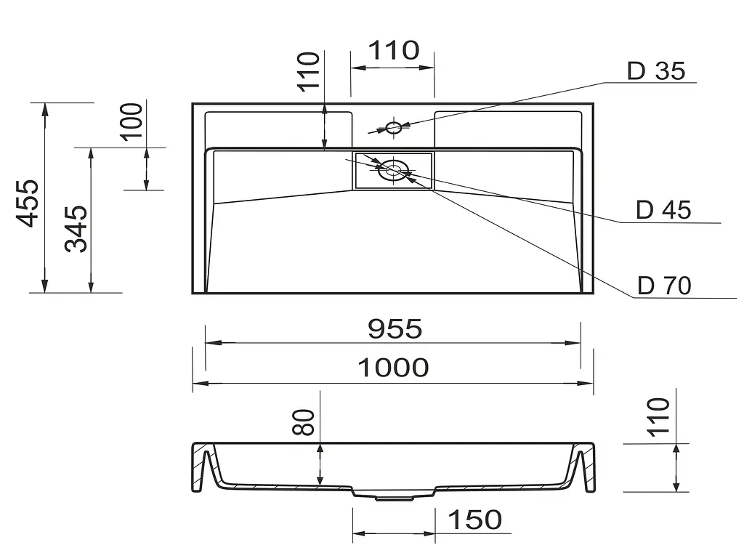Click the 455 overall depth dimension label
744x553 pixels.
[27, 203]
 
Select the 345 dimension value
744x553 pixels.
[76, 229]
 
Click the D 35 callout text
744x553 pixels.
[656, 71]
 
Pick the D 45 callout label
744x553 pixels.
[663, 210]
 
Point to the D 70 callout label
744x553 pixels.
[664, 286]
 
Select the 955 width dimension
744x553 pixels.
[395, 329]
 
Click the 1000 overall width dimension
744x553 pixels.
[393, 368]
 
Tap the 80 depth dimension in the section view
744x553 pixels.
[304, 422]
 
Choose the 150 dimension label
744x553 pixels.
[475, 520]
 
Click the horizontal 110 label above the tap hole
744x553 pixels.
[394, 50]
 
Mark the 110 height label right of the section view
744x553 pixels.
[658, 417]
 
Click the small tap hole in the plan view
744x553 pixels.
[393, 127]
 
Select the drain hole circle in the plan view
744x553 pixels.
[393, 170]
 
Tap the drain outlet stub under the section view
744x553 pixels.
[393, 498]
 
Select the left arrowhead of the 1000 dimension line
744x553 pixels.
[201, 383]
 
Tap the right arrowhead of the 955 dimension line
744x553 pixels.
[573, 343]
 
